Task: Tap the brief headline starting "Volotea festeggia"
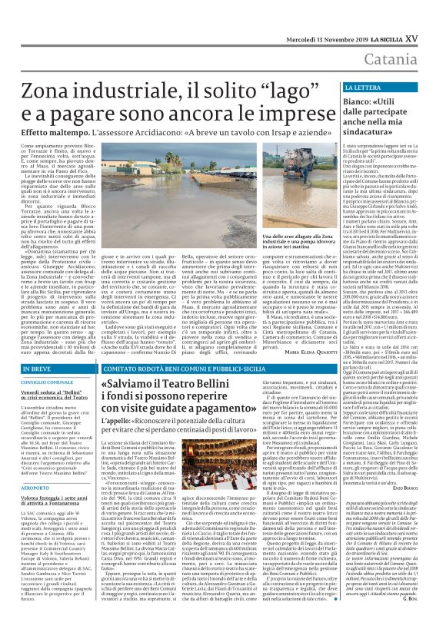click(x=48, y=498)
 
